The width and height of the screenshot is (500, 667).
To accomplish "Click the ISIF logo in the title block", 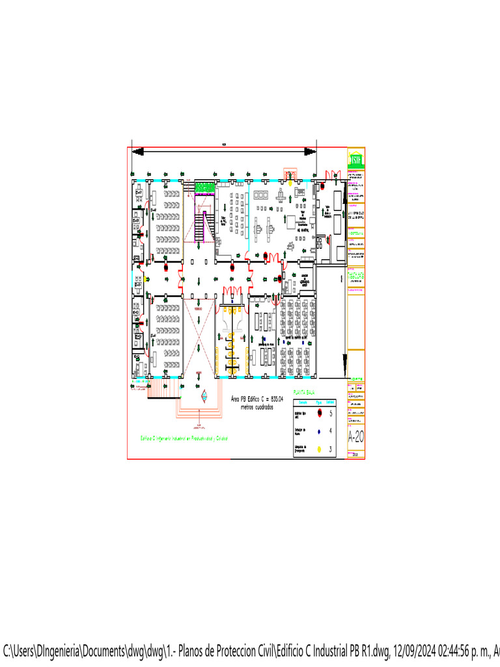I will (355, 160).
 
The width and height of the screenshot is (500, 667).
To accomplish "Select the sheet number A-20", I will (355, 436).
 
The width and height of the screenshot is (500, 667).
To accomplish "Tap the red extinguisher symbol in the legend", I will (319, 414).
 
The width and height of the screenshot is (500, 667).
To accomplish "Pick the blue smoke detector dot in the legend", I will (319, 431).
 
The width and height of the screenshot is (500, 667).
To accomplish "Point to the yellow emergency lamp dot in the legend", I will (319, 449).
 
